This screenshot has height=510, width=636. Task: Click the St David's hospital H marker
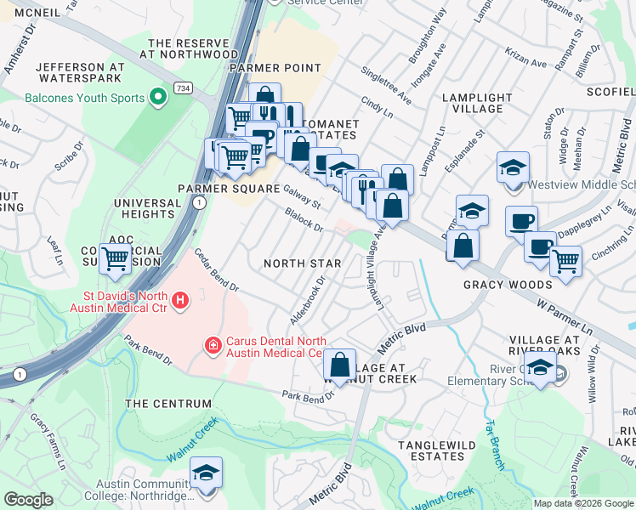(179, 300)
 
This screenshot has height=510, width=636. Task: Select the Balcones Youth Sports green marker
(157, 98)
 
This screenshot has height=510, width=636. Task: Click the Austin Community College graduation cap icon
(206, 473)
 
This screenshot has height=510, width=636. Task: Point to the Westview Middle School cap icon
(513, 167)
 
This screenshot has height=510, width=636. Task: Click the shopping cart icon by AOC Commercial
(116, 258)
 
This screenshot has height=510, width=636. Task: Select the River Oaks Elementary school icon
(539, 369)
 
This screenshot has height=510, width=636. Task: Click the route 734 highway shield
(183, 88)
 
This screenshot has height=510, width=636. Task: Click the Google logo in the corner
(28, 500)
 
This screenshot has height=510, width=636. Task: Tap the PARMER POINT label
(275, 68)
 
